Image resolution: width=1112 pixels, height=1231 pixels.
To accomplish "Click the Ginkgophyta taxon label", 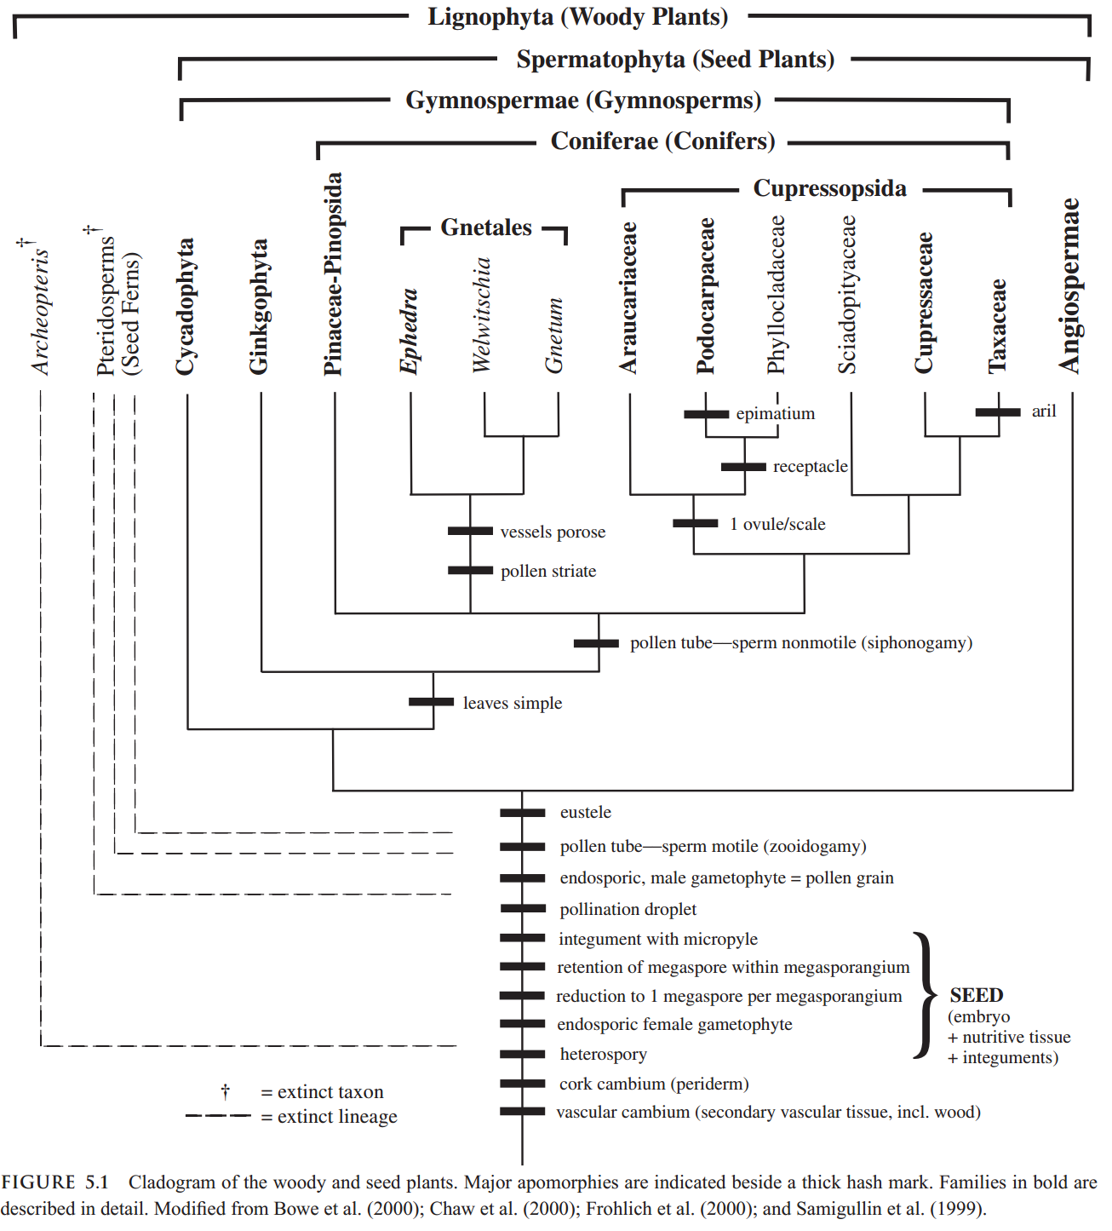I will pyautogui.click(x=259, y=307).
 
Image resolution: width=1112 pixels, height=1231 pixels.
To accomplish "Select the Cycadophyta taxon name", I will pyautogui.click(x=185, y=307).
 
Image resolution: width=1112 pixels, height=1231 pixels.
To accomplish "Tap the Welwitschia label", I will pyautogui.click(x=482, y=315).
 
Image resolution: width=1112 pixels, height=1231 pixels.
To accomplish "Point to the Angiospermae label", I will pyautogui.click(x=1069, y=285).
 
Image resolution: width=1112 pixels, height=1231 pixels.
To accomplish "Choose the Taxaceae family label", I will pyautogui.click(x=997, y=326).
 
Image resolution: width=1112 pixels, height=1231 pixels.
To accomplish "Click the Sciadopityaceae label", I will pyautogui.click(x=846, y=295).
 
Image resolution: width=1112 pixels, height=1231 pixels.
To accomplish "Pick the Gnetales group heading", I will pyautogui.click(x=485, y=227).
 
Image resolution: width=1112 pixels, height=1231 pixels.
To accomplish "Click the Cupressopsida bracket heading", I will pyautogui.click(x=829, y=188).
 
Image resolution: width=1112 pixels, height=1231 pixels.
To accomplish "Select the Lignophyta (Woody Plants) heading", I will pyautogui.click(x=577, y=17).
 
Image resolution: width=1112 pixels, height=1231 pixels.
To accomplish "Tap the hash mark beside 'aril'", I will pyautogui.click(x=997, y=412).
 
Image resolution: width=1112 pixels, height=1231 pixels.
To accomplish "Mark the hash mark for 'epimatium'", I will pyautogui.click(x=706, y=415).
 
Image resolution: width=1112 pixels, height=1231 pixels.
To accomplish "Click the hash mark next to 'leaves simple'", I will pyautogui.click(x=431, y=702).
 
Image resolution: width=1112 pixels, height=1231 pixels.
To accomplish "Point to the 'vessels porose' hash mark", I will pyautogui.click(x=470, y=532).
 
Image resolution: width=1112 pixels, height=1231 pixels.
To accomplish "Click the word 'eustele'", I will pyautogui.click(x=585, y=813).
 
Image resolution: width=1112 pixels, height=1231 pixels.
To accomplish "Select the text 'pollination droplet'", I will pyautogui.click(x=628, y=910).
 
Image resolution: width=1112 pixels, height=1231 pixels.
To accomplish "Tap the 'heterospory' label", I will pyautogui.click(x=603, y=1055).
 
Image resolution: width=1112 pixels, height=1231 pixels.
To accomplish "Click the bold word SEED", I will pyautogui.click(x=976, y=995).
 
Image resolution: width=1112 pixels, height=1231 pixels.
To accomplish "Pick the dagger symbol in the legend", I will pyautogui.click(x=225, y=1091).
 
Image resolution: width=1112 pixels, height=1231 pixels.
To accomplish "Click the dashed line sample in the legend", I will pyautogui.click(x=218, y=1116).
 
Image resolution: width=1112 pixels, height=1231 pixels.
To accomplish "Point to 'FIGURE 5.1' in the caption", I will pyautogui.click(x=55, y=1182).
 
